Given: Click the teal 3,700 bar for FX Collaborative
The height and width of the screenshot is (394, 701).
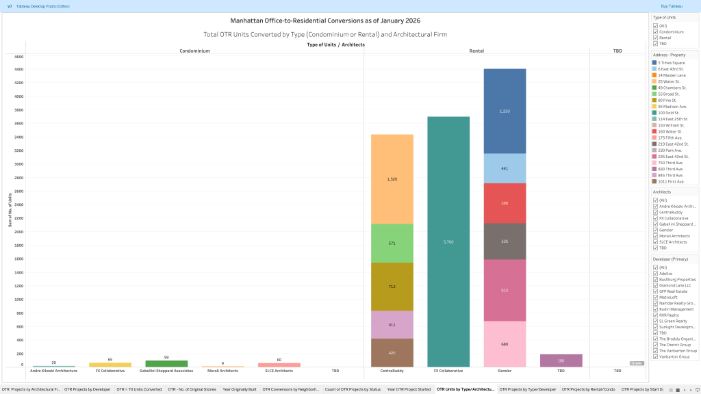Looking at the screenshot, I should pyautogui.click(x=448, y=242).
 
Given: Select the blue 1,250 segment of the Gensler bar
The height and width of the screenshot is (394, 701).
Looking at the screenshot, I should pyautogui.click(x=505, y=111).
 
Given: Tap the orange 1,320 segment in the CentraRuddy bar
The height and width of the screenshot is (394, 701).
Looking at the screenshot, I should pyautogui.click(x=392, y=179).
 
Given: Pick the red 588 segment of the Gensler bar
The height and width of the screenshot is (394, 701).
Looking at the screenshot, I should pyautogui.click(x=505, y=203).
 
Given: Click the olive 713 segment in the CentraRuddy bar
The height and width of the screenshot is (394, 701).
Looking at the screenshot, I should pyautogui.click(x=392, y=287).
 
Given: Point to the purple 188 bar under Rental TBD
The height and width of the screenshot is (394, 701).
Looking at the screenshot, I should pyautogui.click(x=561, y=360).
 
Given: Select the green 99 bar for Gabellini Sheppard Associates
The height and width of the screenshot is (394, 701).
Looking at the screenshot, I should pyautogui.click(x=166, y=363).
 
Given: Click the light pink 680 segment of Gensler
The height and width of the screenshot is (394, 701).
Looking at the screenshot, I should pyautogui.click(x=505, y=344).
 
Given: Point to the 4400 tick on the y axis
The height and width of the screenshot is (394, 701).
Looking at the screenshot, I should pyautogui.click(x=19, y=69).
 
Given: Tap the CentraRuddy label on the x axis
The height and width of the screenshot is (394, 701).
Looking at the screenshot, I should pyautogui.click(x=392, y=371).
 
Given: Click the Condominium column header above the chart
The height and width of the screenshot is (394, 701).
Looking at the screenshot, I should pyautogui.click(x=194, y=51).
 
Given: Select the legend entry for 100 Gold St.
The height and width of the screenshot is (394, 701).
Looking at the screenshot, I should pyautogui.click(x=667, y=113).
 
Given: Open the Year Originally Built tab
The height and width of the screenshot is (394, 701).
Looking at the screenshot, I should pyautogui.click(x=239, y=389).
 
